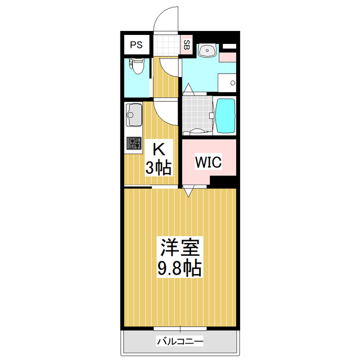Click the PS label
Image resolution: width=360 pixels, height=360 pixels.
(136, 44)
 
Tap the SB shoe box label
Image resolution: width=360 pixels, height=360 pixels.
(187, 45)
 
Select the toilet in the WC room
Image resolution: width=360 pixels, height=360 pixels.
(137, 66)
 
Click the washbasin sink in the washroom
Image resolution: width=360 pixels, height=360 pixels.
(208, 50)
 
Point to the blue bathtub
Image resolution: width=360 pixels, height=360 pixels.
(226, 116)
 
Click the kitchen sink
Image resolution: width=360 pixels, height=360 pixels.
(133, 114)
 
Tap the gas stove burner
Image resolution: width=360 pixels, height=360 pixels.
(134, 143)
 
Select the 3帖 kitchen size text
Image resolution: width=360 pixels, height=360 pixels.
(159, 168)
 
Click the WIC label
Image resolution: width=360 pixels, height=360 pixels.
(208, 162)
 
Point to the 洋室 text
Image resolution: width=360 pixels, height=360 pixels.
(180, 247)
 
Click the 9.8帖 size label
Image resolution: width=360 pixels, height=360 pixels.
(179, 268)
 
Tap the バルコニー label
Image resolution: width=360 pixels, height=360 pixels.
(180, 341)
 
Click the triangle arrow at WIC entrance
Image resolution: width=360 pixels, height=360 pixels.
(188, 191)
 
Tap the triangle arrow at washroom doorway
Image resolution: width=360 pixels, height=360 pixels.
(188, 89)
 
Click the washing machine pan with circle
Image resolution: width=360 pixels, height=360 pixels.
(227, 83)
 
